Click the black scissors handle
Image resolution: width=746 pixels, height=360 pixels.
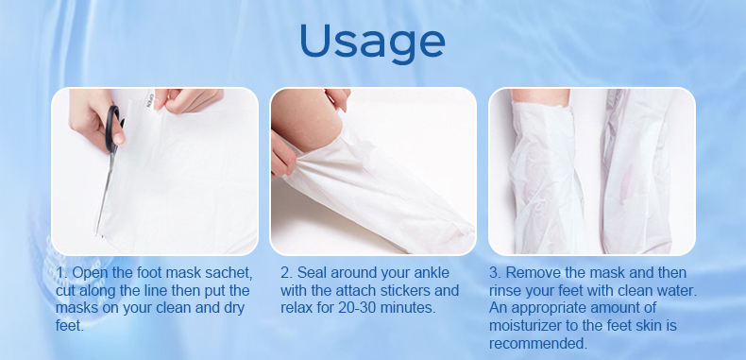pyautogui.click(x=114, y=127)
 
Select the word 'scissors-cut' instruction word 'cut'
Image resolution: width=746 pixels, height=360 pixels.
pyautogui.click(x=68, y=290)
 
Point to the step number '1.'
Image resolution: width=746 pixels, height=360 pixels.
pyautogui.click(x=61, y=273)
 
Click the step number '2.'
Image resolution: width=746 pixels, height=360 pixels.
pyautogui.click(x=286, y=273)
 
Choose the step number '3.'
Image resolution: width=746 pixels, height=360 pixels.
pyautogui.click(x=496, y=273)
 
